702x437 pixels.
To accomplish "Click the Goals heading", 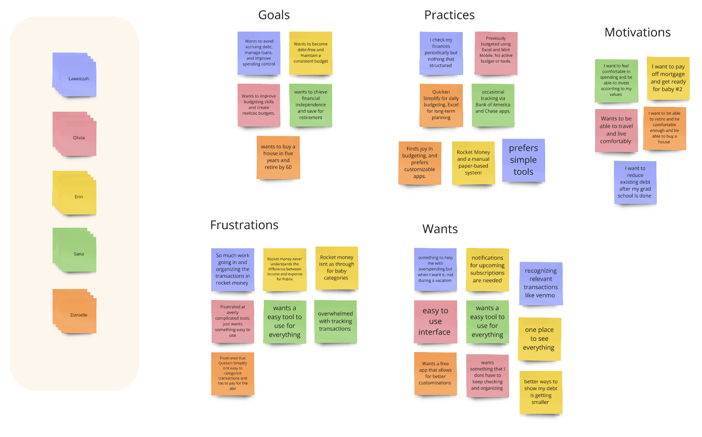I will (x=274, y=15).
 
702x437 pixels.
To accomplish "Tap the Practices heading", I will (x=449, y=15).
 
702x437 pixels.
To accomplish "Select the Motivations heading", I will (x=637, y=32).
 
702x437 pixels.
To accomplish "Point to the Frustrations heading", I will (x=244, y=225).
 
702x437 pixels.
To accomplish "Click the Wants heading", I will (x=440, y=229).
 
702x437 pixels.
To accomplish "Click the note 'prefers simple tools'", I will (x=523, y=160).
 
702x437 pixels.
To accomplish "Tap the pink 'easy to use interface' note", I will (x=435, y=321).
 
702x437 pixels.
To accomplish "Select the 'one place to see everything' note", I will (x=539, y=338).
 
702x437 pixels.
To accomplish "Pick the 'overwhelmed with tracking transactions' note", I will (x=335, y=321).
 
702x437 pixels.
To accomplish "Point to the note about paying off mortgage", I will (x=668, y=78).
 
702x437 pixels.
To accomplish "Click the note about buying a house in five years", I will (x=278, y=157).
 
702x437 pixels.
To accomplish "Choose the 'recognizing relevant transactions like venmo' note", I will (x=541, y=283).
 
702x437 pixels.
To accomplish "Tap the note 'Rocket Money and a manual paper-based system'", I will (x=473, y=162).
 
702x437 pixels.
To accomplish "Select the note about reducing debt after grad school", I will (x=635, y=182).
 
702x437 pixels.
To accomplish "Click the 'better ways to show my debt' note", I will (x=541, y=392).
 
